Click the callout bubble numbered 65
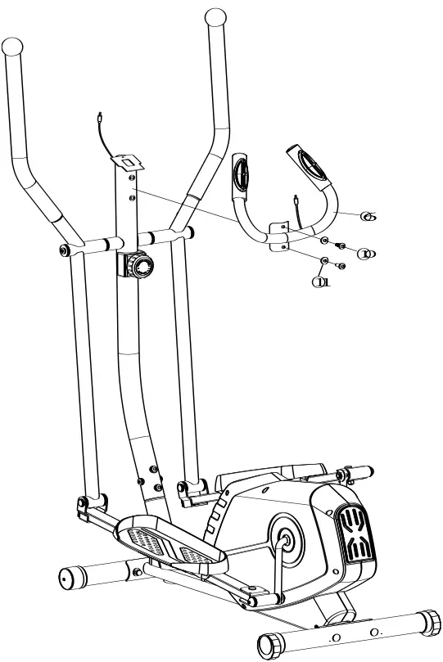pos(368,217)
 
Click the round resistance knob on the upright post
pos(142,266)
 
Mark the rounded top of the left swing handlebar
pos(12,46)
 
